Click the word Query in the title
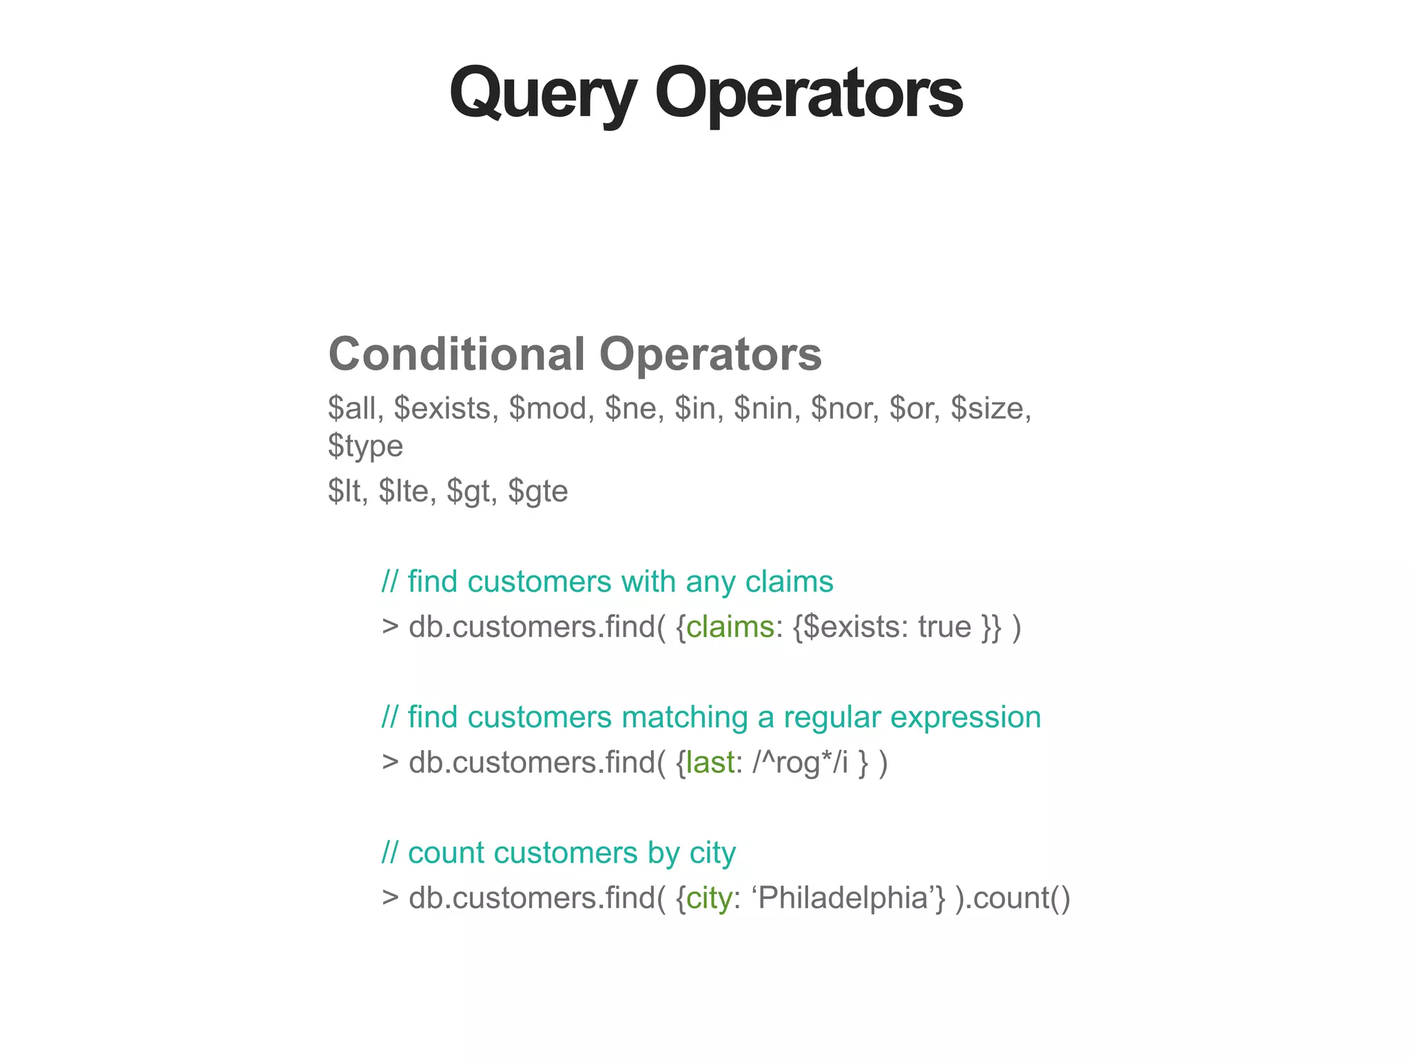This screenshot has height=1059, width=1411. [x=542, y=93]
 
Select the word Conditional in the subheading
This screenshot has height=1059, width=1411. [x=457, y=354]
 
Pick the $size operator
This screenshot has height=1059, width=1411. [x=990, y=408]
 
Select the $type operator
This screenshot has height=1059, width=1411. [x=365, y=446]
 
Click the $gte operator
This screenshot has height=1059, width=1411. [x=537, y=491]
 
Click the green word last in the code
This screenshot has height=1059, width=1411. [x=710, y=763]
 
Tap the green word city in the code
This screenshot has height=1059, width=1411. [x=709, y=898]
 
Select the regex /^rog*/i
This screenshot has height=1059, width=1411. [x=800, y=763]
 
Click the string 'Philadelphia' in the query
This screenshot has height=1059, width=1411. [x=848, y=898]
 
